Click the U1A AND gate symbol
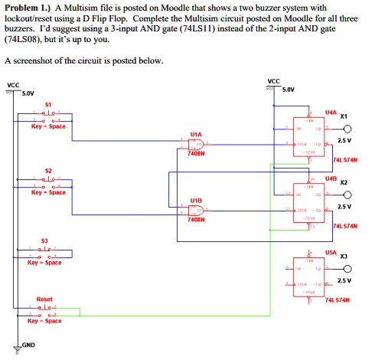point(197,145)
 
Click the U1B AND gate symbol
point(197,210)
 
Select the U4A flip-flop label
point(330,112)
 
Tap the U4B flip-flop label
point(330,178)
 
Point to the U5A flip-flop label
point(330,250)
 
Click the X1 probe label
point(344,116)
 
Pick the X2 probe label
point(344,183)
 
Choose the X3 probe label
point(344,256)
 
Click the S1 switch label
point(47,103)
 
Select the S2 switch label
point(47,169)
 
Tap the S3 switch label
point(45,240)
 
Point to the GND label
point(28,345)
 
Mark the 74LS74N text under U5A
point(337,301)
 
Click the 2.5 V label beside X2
point(344,207)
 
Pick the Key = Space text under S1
point(47,126)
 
